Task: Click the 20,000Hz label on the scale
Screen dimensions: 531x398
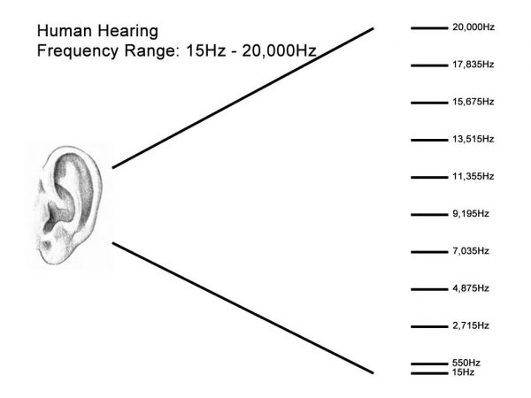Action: click(x=473, y=27)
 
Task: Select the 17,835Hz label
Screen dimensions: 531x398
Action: click(x=473, y=65)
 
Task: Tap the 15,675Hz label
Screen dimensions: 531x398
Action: click(x=473, y=102)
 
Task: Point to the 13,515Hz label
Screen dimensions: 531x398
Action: click(x=473, y=139)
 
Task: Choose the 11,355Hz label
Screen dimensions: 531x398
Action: click(x=473, y=176)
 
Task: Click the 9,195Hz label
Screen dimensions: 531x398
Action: click(x=471, y=213)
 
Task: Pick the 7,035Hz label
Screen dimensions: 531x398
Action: click(x=471, y=251)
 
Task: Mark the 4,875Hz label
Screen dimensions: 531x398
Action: click(x=471, y=288)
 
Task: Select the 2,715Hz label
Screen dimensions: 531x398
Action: click(x=471, y=325)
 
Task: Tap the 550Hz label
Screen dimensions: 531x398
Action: click(x=466, y=364)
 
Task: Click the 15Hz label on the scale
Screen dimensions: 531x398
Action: click(x=463, y=372)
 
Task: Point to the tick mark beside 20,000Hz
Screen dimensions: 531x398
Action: click(x=429, y=28)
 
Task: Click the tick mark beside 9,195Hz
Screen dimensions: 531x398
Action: click(x=429, y=215)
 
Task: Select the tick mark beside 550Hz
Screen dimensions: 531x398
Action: click(x=429, y=364)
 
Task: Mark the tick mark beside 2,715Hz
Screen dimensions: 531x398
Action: click(x=429, y=326)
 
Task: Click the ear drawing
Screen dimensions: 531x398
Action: click(x=68, y=205)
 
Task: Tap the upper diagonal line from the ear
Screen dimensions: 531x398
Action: click(x=242, y=98)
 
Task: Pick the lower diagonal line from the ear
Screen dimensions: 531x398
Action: click(x=242, y=308)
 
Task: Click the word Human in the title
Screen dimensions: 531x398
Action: click(x=65, y=31)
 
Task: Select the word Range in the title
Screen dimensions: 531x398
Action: click(x=150, y=51)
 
